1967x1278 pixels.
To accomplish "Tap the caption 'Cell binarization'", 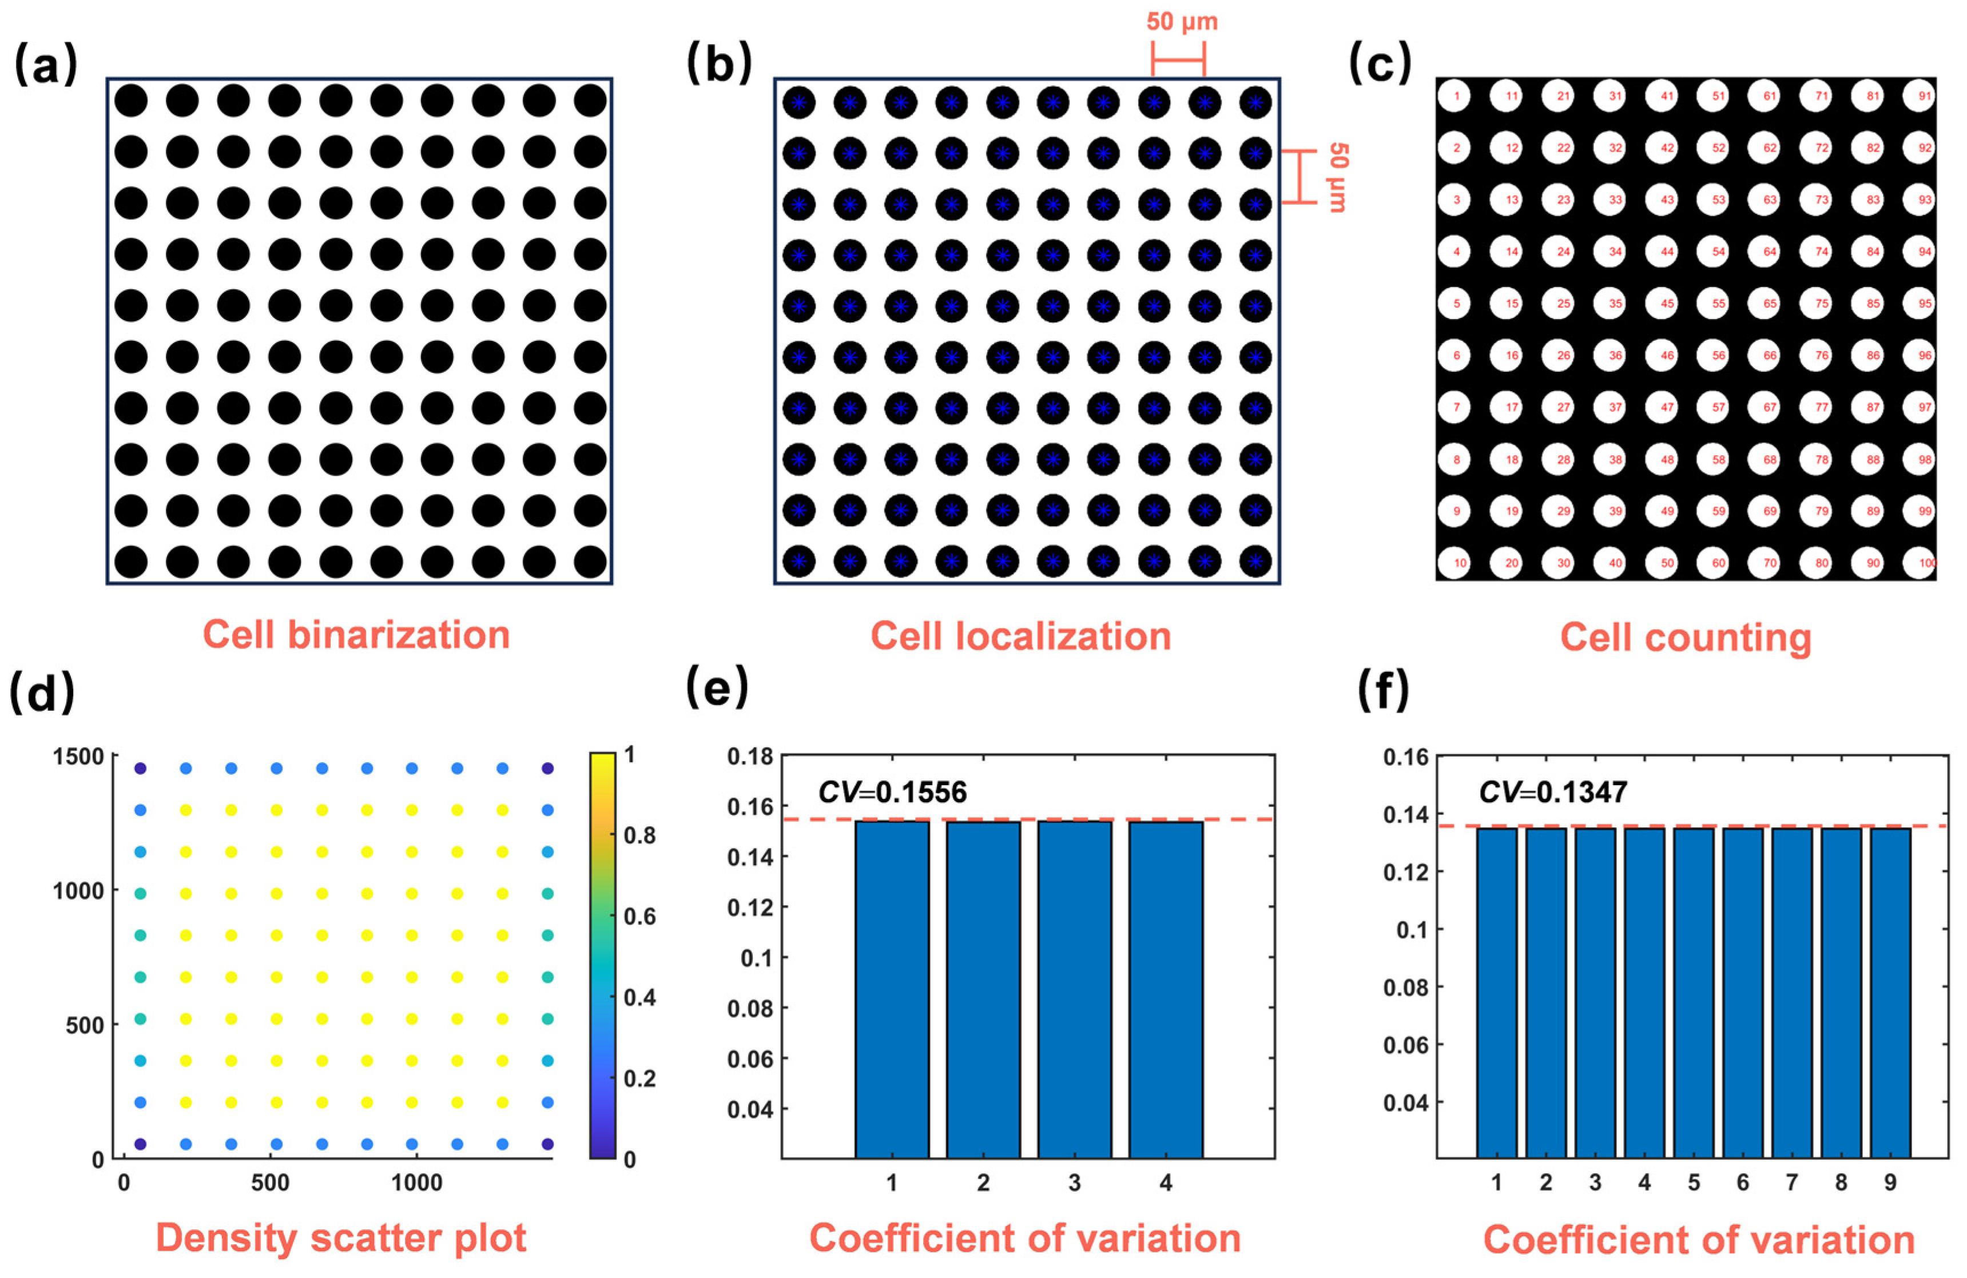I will (356, 635).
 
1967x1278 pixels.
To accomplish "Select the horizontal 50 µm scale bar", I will (1179, 59).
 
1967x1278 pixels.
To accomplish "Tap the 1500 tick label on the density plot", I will (78, 757).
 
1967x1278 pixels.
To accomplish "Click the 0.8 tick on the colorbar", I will (639, 835).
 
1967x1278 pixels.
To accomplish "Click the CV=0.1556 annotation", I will (892, 792).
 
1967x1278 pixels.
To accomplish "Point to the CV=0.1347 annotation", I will (1553, 792).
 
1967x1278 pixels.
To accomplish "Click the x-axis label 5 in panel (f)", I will (1694, 1183).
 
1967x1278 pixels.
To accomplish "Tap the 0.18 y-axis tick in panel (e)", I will (750, 757).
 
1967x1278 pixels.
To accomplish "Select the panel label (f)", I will (1384, 692).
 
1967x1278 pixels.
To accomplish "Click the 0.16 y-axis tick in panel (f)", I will (1406, 758).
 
